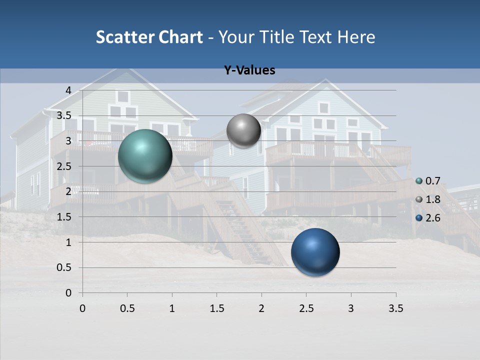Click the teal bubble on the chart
pos(145,156)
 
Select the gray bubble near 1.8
pos(243,131)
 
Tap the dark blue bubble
pos(315,252)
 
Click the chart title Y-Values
pos(249,70)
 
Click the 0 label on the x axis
pos(82,308)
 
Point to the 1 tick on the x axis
pos(172,308)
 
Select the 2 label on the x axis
pos(261,308)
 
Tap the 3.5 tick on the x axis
pos(395,308)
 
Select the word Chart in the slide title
pos(181,37)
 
